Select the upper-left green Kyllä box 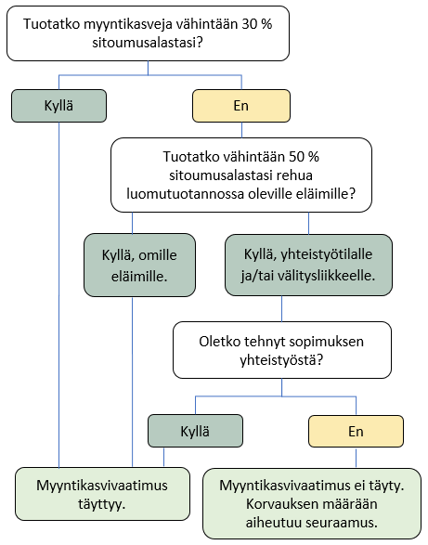point(59,106)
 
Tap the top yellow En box point(240,106)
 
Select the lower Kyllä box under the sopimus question point(195,431)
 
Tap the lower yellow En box point(356,431)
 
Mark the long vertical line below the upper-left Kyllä point(59,297)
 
